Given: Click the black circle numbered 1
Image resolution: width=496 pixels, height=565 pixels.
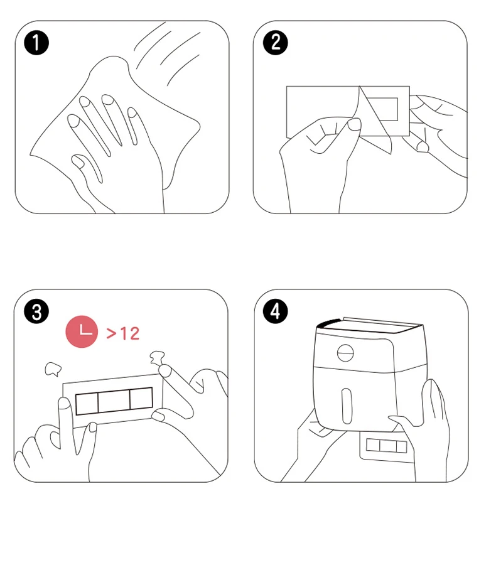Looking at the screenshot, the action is point(36,43).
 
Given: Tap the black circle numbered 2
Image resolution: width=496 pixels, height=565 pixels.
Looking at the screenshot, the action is point(276,43).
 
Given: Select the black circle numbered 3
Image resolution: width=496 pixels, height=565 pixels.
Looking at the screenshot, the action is point(36,311).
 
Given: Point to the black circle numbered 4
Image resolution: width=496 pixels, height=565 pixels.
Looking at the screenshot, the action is point(276,311).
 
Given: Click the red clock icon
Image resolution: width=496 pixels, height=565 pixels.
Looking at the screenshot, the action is point(82,332).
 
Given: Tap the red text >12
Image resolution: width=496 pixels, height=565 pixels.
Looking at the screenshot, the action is point(123,333).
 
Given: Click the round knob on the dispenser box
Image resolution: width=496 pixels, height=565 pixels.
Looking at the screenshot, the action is point(345,352).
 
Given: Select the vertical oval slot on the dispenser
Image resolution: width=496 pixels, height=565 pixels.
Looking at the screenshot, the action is point(347,406).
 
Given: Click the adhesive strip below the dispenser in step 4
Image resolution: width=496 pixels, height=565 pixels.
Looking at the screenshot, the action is point(386,446).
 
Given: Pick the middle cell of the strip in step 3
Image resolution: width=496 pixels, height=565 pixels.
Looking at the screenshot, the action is point(114,401).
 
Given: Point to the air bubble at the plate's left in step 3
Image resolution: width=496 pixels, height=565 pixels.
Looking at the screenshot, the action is point(53,369).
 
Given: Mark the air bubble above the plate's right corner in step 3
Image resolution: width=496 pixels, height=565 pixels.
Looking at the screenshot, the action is point(157,357).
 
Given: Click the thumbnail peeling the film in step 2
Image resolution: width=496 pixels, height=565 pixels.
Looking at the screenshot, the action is point(354,124).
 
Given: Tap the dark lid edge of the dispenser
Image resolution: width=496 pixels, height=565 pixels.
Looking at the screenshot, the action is point(328,323).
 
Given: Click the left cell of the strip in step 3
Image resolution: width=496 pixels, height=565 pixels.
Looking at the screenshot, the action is point(87,404).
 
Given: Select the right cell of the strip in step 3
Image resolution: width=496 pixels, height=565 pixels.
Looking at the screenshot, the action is point(141,398).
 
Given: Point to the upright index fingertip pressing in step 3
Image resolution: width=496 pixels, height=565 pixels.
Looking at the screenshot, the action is point(64,403).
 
